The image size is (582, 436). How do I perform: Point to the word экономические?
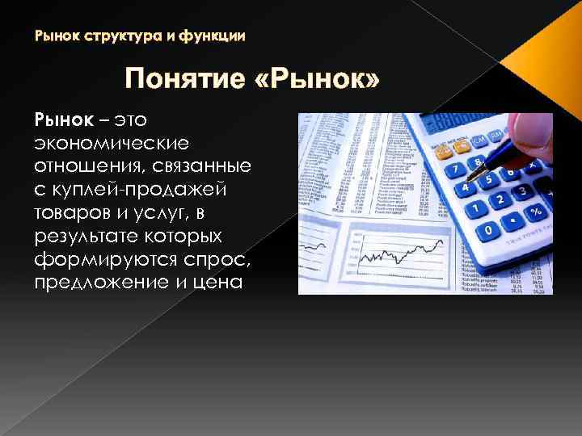point(111,143)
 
